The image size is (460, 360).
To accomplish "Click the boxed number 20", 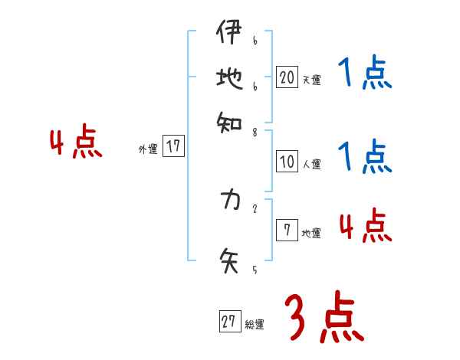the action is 287,77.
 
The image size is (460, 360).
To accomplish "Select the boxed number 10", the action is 287,162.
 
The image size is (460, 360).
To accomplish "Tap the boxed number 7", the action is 286,231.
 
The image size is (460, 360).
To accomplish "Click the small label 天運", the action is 311,80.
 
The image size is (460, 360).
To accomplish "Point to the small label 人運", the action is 311,164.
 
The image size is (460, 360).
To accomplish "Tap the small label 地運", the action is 311,233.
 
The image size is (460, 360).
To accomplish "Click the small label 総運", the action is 255,325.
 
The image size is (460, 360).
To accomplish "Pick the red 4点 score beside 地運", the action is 365,226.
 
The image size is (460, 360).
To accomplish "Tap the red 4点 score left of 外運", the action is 76,143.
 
